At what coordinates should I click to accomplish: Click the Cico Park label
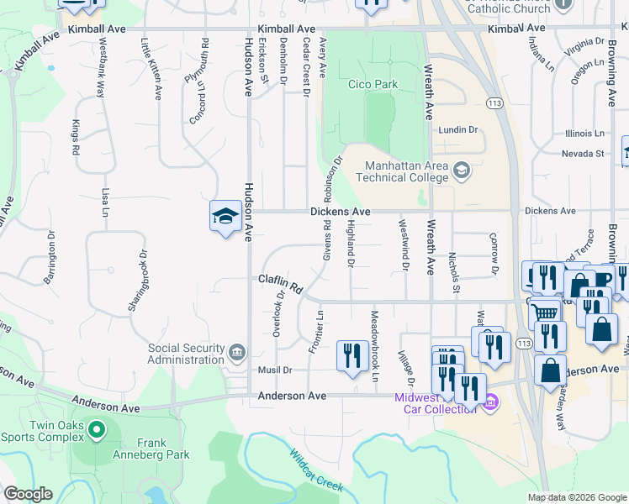(x=373, y=84)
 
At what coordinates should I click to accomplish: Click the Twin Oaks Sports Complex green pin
(x=97, y=431)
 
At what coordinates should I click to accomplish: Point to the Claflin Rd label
(x=280, y=283)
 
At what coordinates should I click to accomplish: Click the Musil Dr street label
(x=276, y=370)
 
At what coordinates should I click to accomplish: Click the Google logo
(x=28, y=494)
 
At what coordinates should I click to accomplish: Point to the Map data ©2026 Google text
(x=576, y=497)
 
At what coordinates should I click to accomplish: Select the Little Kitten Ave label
(x=151, y=70)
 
